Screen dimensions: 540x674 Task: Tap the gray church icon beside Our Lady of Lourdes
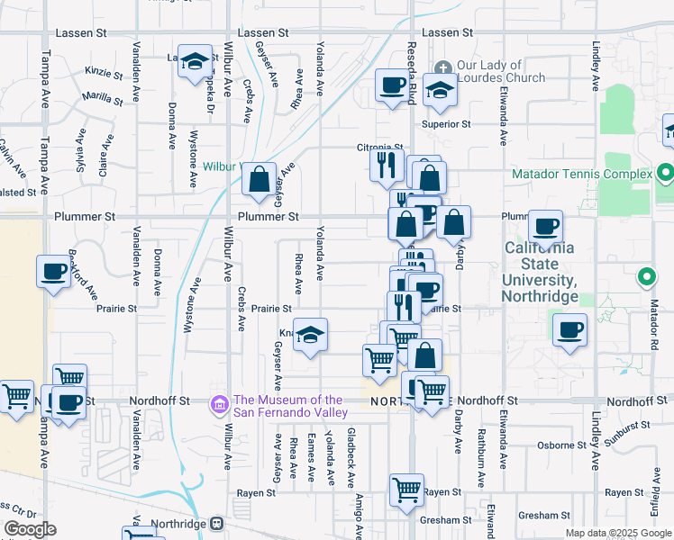(443, 67)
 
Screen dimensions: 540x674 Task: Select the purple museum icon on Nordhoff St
(217, 406)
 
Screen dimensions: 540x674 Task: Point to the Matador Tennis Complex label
(581, 173)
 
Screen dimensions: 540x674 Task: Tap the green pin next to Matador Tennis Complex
(666, 172)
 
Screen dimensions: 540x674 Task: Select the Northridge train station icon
(217, 523)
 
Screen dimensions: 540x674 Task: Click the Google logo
(30, 529)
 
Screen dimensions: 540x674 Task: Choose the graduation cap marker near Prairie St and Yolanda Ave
(310, 336)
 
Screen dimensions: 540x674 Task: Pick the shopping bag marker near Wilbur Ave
(260, 178)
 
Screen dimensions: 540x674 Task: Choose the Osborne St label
(555, 445)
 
